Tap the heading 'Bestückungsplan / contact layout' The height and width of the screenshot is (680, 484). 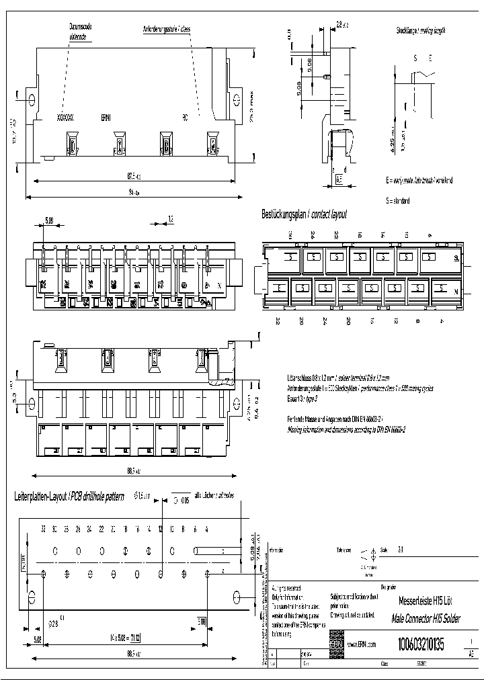click(304, 215)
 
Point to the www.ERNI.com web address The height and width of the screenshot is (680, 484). click(360, 644)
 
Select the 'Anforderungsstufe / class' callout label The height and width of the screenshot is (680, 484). click(167, 30)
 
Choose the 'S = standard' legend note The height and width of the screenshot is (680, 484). click(397, 200)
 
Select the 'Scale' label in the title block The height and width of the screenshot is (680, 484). click(385, 548)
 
